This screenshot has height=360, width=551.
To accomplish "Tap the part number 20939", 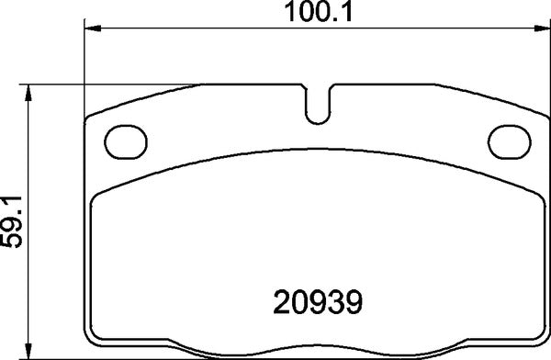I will pos(320,300).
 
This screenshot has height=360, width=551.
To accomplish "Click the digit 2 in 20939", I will pos(284,300).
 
